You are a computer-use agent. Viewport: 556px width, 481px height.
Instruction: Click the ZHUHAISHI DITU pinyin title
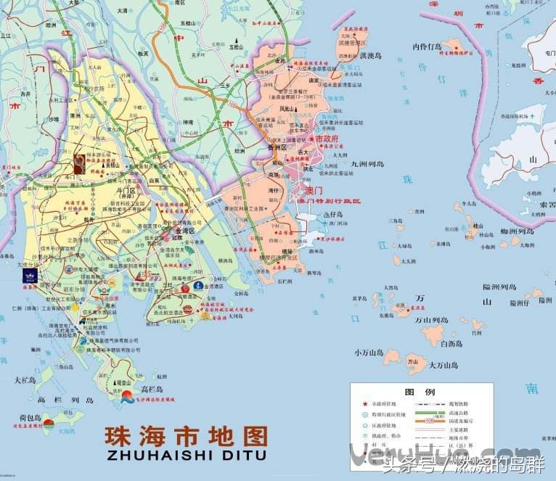click(185, 455)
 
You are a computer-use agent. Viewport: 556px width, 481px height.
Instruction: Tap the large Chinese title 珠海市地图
click(185, 436)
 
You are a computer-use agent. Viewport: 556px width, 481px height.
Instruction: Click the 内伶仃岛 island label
click(427, 47)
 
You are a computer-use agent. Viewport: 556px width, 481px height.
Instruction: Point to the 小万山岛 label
click(368, 353)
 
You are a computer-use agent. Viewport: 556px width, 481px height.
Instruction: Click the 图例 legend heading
click(420, 392)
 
